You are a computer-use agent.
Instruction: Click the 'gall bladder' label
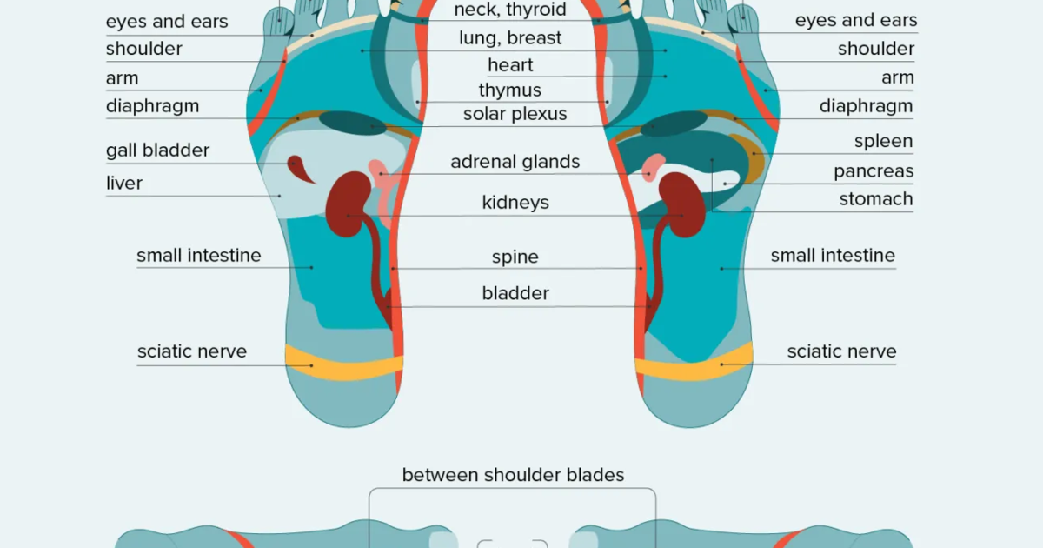[x=157, y=150]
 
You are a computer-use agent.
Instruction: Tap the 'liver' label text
[x=124, y=184]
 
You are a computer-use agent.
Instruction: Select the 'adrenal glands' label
[x=515, y=162]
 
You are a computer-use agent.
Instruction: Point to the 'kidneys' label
[x=515, y=203]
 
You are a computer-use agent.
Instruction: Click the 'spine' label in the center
[x=515, y=257]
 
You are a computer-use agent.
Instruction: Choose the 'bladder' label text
[x=515, y=294]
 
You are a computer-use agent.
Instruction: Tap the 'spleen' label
[x=883, y=141]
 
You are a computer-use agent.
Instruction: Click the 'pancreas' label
[x=874, y=171]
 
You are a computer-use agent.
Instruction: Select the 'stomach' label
[x=876, y=199]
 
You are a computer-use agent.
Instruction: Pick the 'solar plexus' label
[x=515, y=114]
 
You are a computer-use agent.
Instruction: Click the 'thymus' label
[x=509, y=90]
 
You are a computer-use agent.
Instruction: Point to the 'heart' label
[x=510, y=65]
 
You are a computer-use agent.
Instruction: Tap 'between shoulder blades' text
[x=513, y=475]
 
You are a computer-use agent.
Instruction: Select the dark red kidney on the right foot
[x=683, y=204]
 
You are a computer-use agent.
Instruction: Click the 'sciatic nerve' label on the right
[x=841, y=351]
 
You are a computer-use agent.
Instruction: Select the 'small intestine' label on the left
[x=199, y=256]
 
